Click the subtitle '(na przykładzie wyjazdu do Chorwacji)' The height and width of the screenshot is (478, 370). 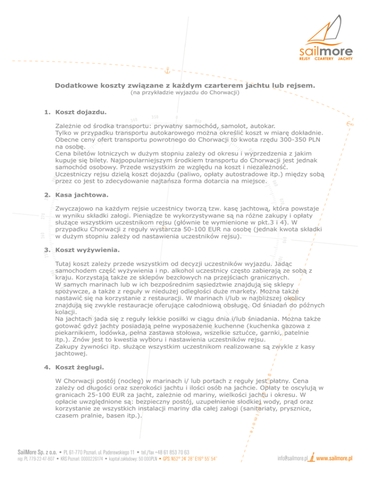pyautogui.click(x=185, y=92)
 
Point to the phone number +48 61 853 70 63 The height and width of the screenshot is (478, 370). pyautogui.click(x=171, y=453)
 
